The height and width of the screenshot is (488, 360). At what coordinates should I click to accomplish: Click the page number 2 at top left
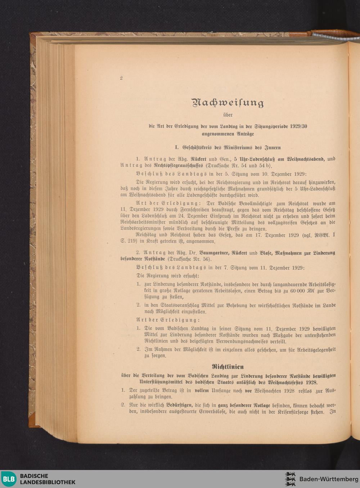point(121,78)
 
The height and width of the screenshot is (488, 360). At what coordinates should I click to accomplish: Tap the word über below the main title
point(228,115)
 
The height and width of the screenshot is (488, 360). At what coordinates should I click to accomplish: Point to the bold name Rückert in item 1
point(198,159)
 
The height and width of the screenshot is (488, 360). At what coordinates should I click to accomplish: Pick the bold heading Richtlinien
point(228,367)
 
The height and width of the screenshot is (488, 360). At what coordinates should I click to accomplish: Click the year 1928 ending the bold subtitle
point(311,382)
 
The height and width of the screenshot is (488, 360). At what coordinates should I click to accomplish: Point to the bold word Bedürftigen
point(181,406)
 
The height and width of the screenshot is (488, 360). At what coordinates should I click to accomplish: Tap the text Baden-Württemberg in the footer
point(329,479)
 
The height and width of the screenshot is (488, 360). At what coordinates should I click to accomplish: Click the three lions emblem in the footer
point(290,479)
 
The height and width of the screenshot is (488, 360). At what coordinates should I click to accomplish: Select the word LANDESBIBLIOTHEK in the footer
point(48,482)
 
